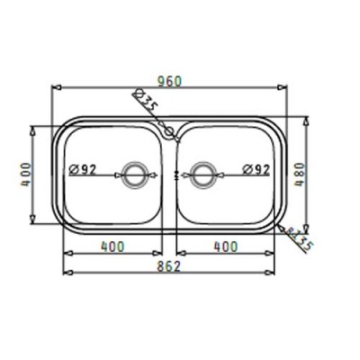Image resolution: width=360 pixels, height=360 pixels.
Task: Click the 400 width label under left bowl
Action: (112, 246)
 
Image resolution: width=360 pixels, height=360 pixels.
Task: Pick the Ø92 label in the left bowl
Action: (84, 167)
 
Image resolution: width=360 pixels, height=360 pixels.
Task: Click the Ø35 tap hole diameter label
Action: (145, 100)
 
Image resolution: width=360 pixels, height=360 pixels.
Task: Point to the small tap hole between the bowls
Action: (168, 134)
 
